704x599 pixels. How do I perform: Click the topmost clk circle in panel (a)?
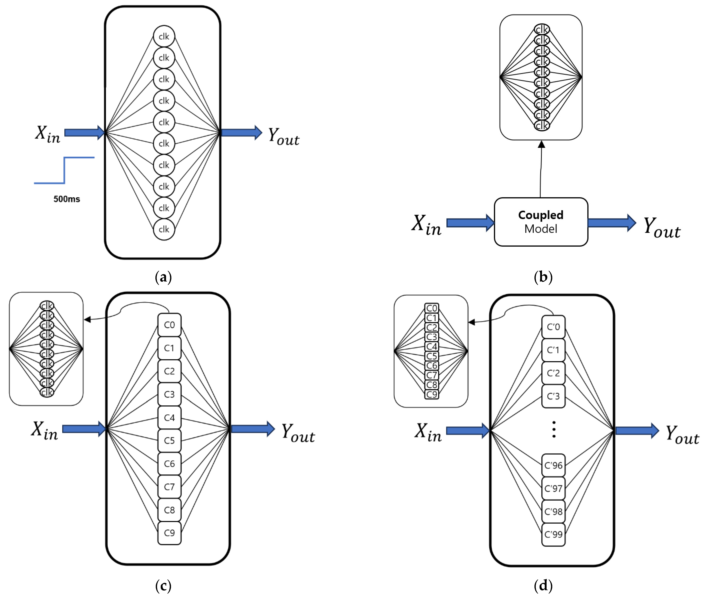[x=164, y=36]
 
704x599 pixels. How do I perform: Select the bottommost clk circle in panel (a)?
[x=164, y=229]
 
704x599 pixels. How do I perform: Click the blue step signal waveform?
[x=64, y=170]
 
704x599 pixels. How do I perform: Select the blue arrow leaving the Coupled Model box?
[x=611, y=223]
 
